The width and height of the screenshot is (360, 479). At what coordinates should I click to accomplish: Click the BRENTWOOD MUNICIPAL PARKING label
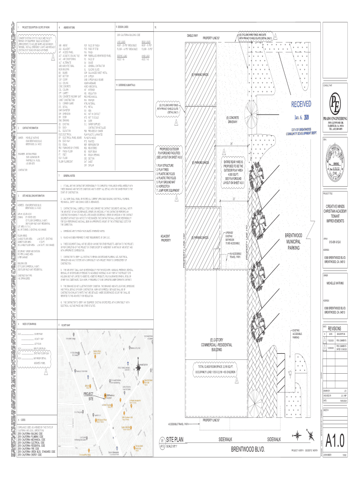293,241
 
